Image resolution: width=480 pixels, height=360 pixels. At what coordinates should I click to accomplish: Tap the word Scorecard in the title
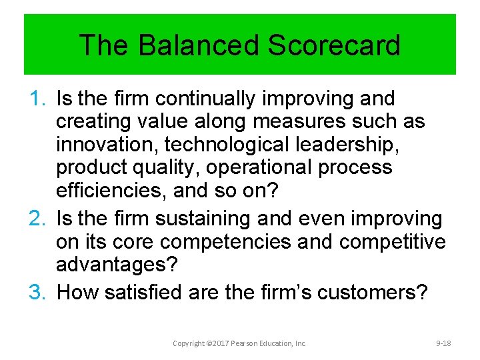(x=334, y=45)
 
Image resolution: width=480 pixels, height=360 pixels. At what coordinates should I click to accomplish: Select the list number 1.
(x=38, y=99)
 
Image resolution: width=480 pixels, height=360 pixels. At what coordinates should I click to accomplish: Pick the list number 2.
(x=38, y=219)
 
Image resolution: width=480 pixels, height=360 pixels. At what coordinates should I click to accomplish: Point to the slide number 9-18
(x=443, y=343)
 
